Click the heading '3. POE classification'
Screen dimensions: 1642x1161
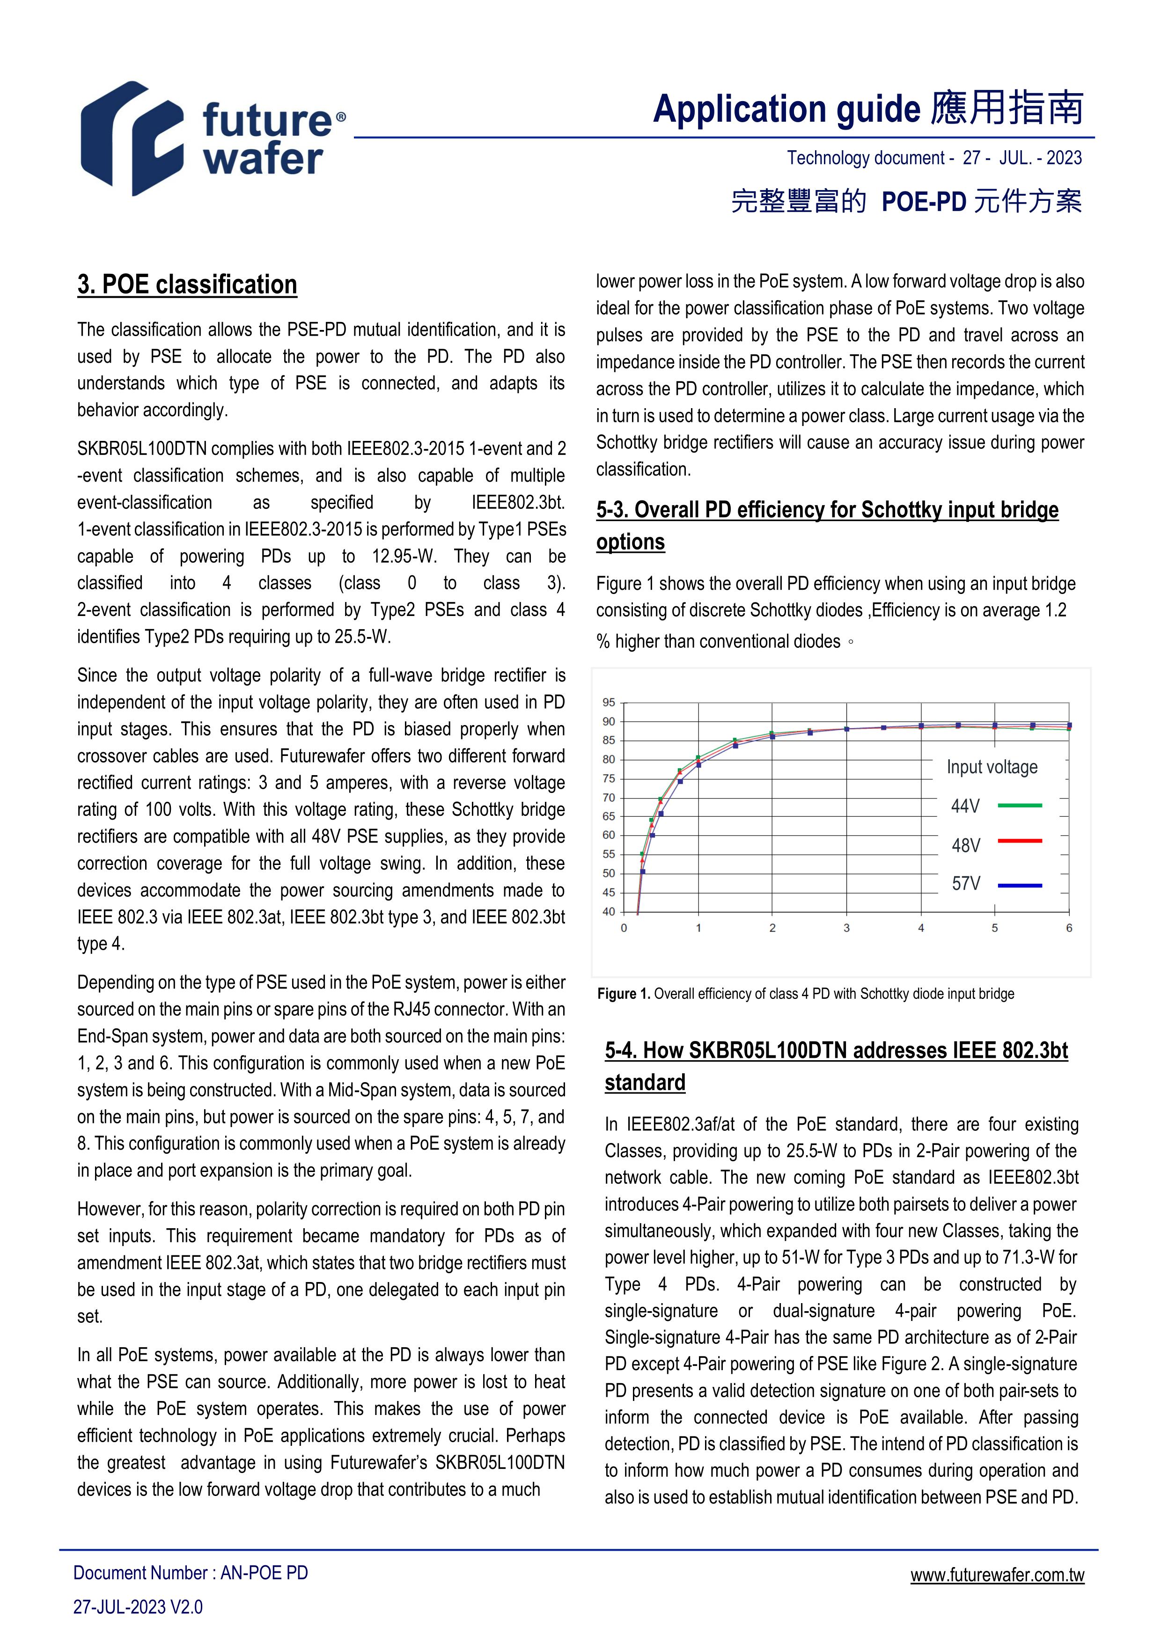point(187,285)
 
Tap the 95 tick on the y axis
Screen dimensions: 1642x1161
point(609,702)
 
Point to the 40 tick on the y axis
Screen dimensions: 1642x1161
point(609,912)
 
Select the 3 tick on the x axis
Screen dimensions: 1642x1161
point(846,928)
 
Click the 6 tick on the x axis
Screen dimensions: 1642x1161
point(1069,928)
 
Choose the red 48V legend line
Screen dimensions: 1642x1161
point(1019,841)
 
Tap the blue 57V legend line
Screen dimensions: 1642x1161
point(1019,886)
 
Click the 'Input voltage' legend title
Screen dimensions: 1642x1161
point(992,767)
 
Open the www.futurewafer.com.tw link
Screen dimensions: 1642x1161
point(997,1575)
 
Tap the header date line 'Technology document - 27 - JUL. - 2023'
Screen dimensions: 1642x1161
point(934,158)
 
